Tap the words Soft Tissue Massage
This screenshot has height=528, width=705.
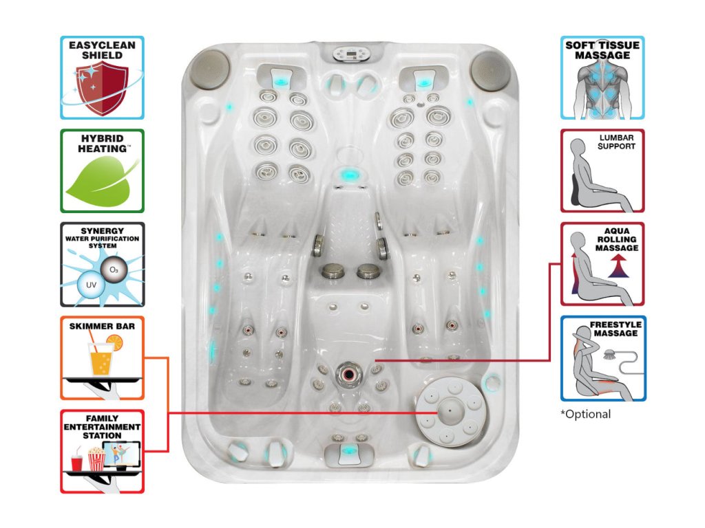point(602,49)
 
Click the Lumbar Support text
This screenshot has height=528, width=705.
point(615,142)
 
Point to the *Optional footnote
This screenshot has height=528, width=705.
point(586,414)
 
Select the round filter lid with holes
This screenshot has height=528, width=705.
point(448,410)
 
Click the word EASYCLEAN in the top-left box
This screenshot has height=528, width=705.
point(102,45)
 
